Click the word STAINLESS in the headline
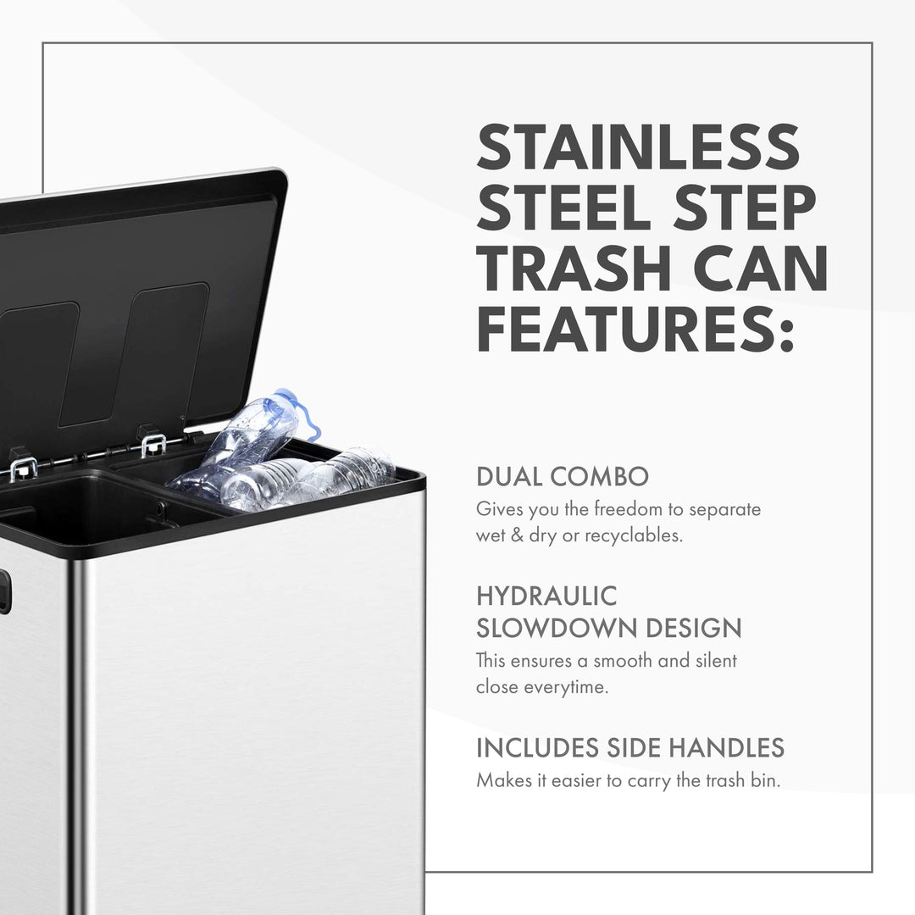pyautogui.click(x=638, y=147)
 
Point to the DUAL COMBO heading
pyautogui.click(x=562, y=477)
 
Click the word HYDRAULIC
pyautogui.click(x=546, y=596)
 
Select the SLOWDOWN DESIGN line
pyautogui.click(x=608, y=629)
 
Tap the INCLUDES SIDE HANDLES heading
pyautogui.click(x=630, y=748)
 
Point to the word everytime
pyautogui.click(x=565, y=687)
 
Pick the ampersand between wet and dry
pyautogui.click(x=517, y=535)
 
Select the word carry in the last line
pyautogui.click(x=649, y=781)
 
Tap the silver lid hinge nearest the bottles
pyautogui.click(x=152, y=445)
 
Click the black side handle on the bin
pyautogui.click(x=5, y=591)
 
